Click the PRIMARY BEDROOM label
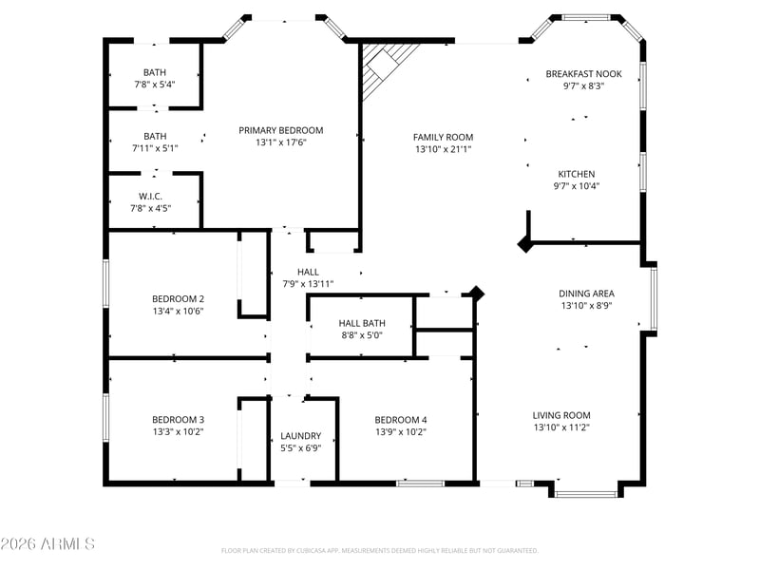tap(280, 130)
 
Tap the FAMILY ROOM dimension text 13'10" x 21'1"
tap(443, 149)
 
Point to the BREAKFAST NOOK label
tap(583, 74)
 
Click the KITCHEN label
tap(577, 174)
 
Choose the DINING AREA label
tap(586, 294)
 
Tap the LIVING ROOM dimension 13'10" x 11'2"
tap(561, 427)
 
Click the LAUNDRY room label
tap(300, 436)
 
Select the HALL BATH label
tap(362, 323)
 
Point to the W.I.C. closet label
tap(150, 197)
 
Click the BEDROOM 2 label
tap(178, 298)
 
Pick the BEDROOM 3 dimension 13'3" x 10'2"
tap(178, 432)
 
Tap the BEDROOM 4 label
tap(401, 420)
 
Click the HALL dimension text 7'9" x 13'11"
tap(308, 284)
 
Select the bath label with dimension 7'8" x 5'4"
tap(155, 72)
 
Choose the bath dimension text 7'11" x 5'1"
tap(155, 148)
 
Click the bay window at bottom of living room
tap(586, 494)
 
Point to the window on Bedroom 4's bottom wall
tap(420, 484)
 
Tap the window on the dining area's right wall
tap(654, 298)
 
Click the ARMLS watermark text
tap(47, 543)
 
